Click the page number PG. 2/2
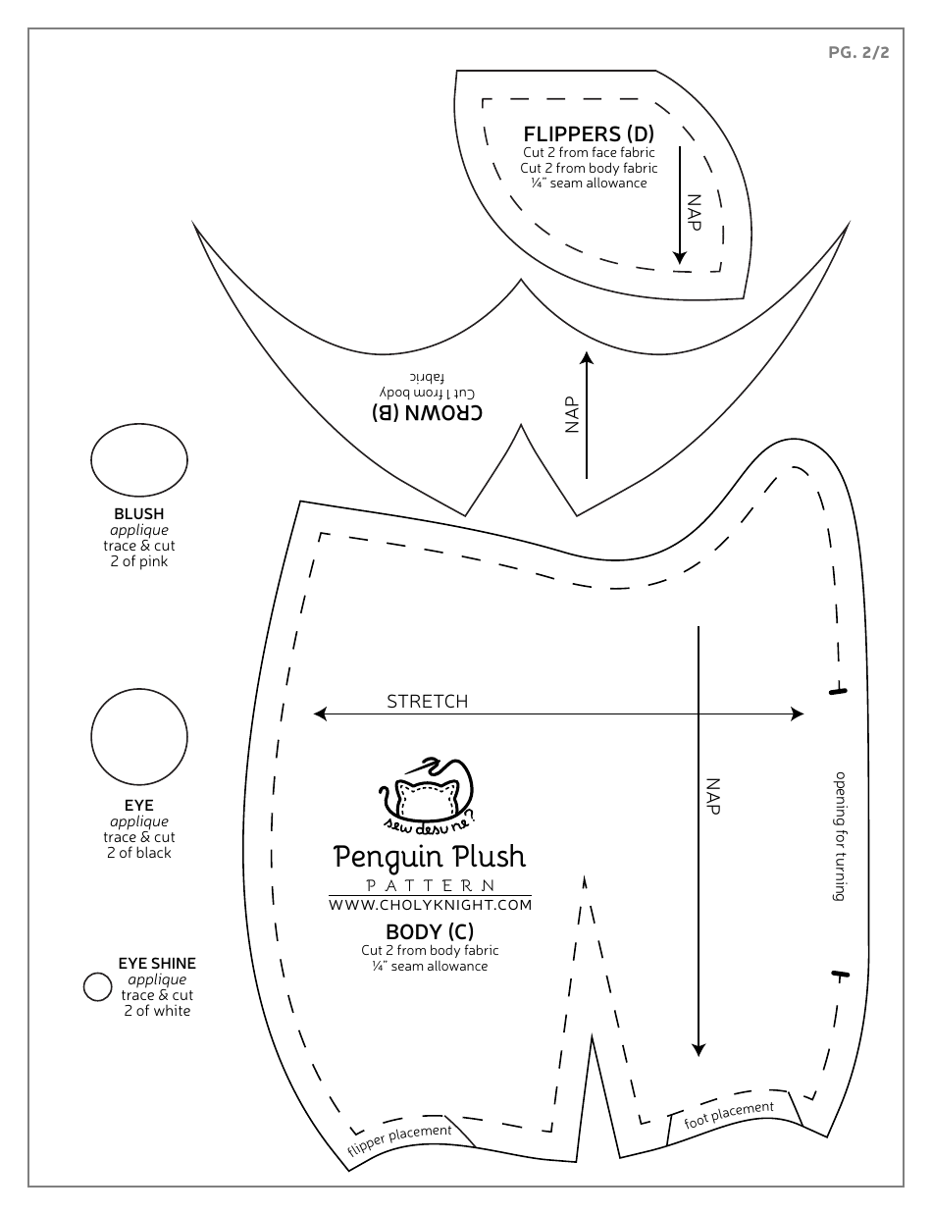(858, 53)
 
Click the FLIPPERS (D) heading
(588, 133)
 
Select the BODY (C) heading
(430, 931)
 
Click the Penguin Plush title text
(430, 857)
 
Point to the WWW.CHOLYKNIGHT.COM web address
(430, 904)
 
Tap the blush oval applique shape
(139, 461)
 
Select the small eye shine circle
(97, 986)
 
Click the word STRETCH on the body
(427, 701)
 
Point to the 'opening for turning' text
(841, 834)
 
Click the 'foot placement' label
(729, 1114)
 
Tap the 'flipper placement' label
(399, 1141)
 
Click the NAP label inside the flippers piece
(695, 211)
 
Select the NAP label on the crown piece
(573, 413)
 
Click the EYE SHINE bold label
(157, 964)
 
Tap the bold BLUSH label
(139, 513)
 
